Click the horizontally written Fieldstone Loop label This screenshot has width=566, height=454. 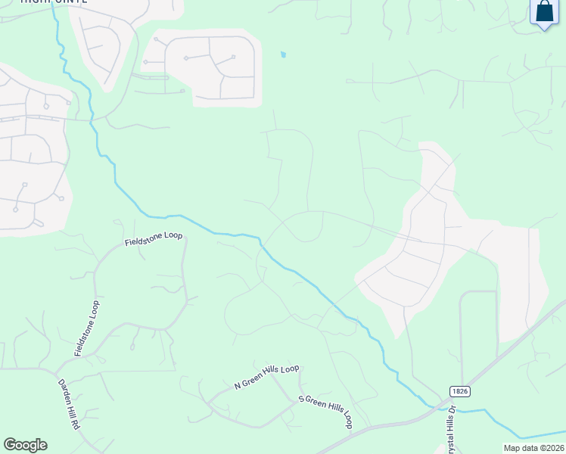pyautogui.click(x=154, y=239)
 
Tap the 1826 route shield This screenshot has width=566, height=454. pyautogui.click(x=459, y=391)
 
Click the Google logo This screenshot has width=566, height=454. pyautogui.click(x=25, y=445)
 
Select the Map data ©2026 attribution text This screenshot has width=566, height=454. pyautogui.click(x=534, y=448)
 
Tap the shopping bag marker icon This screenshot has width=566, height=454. pyautogui.click(x=544, y=13)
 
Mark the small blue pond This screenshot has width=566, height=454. pyautogui.click(x=283, y=54)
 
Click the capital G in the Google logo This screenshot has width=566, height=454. pyautogui.click(x=10, y=445)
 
